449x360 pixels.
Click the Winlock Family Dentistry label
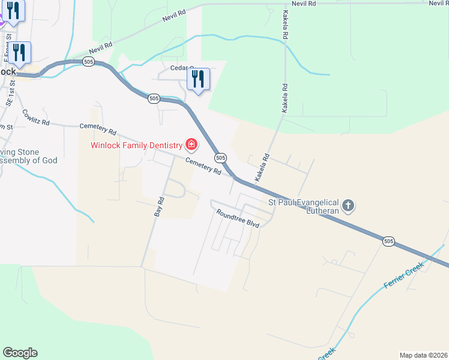[136, 145]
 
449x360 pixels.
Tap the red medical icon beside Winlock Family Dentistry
[191, 144]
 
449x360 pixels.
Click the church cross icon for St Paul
[349, 206]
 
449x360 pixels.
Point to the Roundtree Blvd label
[237, 218]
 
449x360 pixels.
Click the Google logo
[20, 353]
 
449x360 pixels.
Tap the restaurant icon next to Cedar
[198, 79]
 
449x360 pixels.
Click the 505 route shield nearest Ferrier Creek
[388, 241]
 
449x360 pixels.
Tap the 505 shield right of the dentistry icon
[220, 157]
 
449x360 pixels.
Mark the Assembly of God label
[28, 160]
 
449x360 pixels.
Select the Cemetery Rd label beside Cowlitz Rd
[97, 128]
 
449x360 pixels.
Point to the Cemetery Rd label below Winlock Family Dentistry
[203, 166]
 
